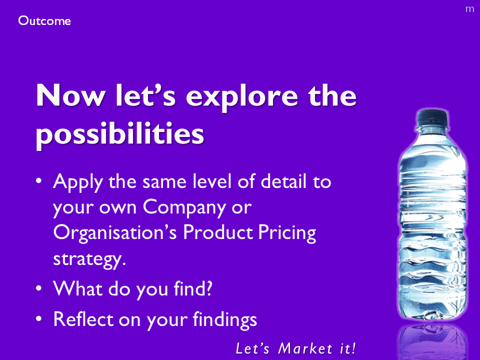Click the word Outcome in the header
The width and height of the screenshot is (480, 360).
point(44,21)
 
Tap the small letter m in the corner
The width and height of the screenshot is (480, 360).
point(469,9)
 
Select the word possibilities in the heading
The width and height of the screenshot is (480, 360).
point(119,134)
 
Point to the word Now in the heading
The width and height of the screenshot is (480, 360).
point(70,95)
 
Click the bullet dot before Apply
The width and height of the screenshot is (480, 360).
point(38,180)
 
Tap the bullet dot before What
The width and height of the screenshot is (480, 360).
point(38,288)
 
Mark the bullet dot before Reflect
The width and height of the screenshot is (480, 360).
point(38,318)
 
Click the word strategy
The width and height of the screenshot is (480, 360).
point(89,259)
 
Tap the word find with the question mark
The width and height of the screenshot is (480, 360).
point(193,288)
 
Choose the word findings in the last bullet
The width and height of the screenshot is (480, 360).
point(224,320)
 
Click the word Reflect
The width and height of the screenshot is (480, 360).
point(83,319)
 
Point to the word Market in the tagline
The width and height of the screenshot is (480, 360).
point(305,348)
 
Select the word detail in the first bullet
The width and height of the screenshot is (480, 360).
point(283,181)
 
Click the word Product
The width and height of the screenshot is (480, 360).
point(217,232)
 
